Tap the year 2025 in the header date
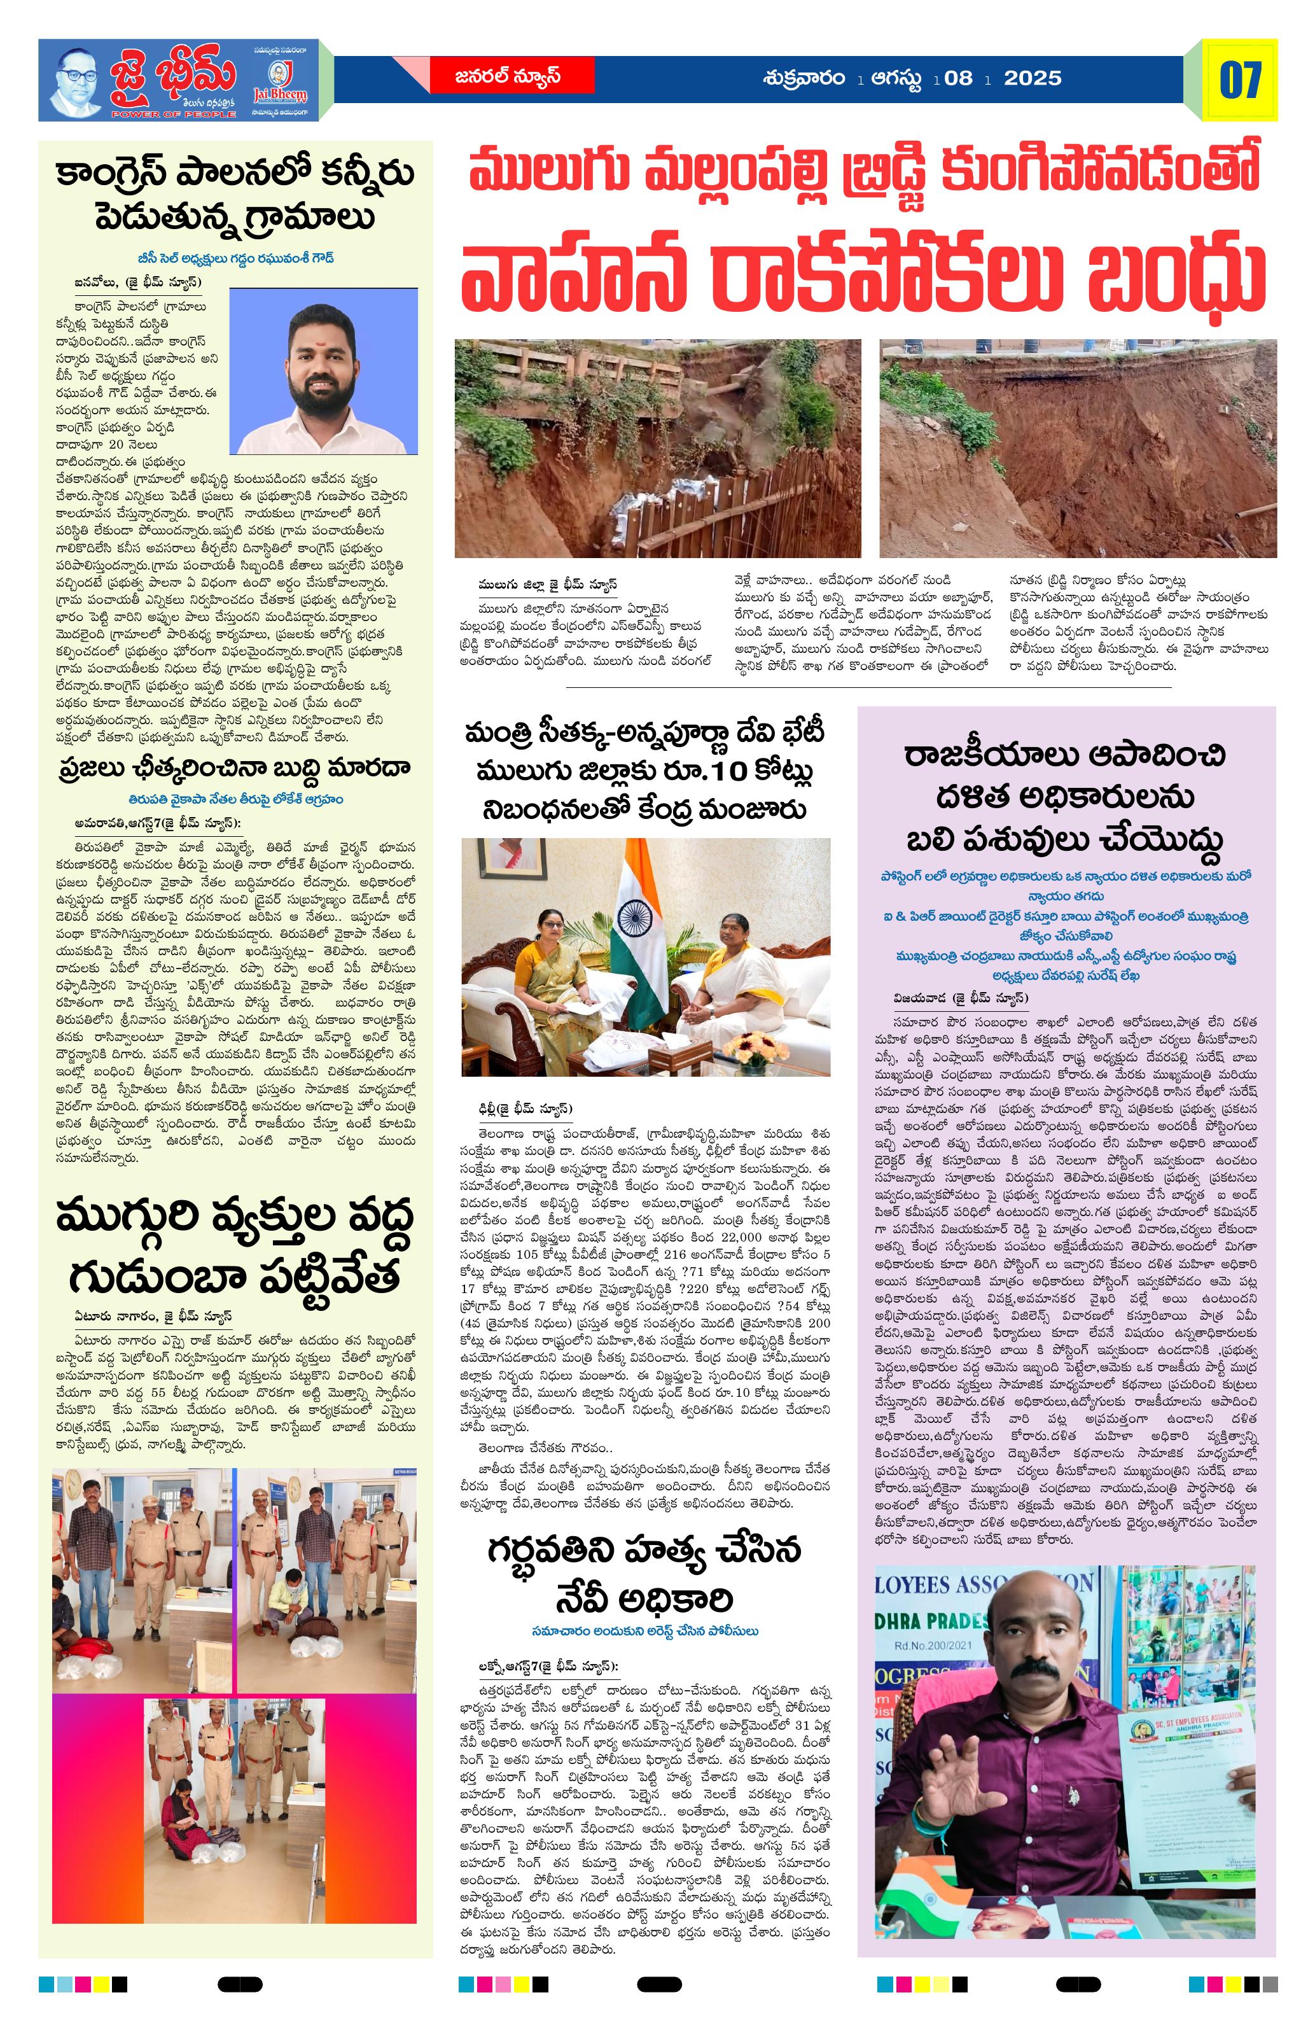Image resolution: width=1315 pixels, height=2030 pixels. click(1032, 78)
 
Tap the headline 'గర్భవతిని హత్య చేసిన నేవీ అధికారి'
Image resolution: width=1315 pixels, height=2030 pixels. click(644, 1574)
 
